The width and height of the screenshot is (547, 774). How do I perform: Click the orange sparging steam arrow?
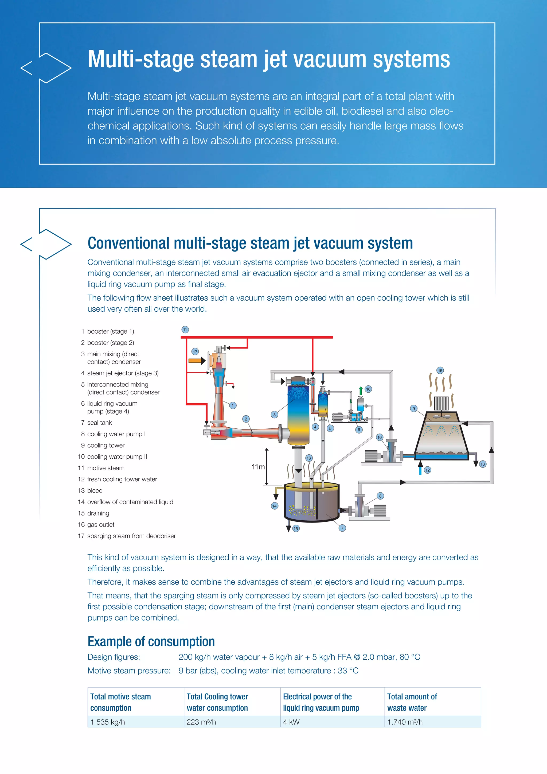[x=197, y=361]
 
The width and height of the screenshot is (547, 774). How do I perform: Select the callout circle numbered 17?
[x=195, y=352]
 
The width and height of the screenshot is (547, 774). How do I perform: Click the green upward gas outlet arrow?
[x=361, y=390]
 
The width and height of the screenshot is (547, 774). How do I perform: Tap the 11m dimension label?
[x=258, y=467]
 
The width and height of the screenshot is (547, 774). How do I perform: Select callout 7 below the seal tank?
[x=342, y=528]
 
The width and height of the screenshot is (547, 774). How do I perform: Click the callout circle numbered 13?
[x=483, y=464]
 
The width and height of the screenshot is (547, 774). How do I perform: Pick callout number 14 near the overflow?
[x=275, y=506]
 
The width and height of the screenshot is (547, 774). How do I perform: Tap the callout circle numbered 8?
[x=380, y=496]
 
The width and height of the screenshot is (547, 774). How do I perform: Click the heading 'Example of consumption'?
[x=151, y=641]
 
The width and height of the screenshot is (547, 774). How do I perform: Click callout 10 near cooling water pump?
[x=380, y=437]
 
